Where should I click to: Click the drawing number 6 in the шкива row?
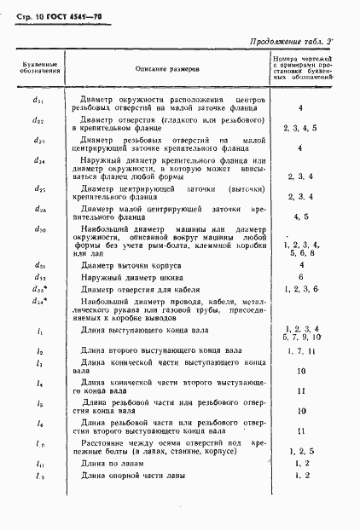point(302,277)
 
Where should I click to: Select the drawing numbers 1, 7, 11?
point(302,351)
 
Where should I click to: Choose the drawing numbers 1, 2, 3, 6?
point(302,290)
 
